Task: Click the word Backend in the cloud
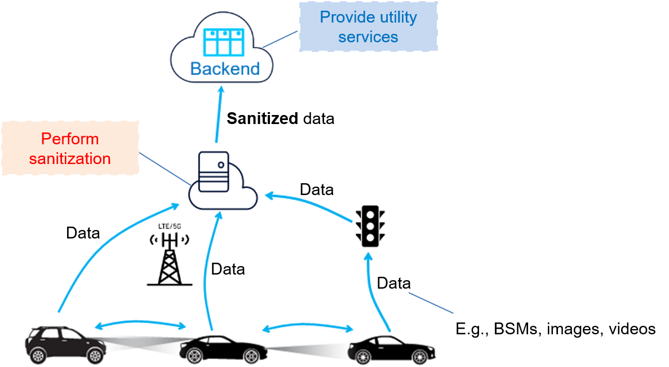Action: coord(225,69)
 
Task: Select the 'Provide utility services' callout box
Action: coord(368,27)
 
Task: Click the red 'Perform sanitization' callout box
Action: coord(70,148)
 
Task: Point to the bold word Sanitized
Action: coord(262,119)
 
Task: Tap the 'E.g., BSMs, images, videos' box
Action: coord(555,329)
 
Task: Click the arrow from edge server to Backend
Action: coord(218,116)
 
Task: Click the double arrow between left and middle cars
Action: coord(140,325)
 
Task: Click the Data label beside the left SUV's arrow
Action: coord(83,233)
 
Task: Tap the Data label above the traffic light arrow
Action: coord(316,190)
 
